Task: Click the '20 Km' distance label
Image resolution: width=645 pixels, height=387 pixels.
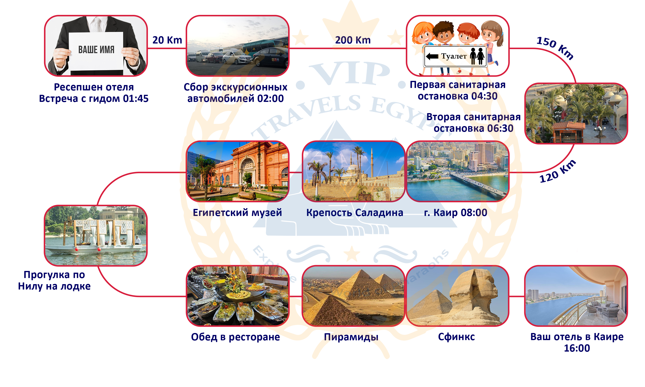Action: click(x=167, y=40)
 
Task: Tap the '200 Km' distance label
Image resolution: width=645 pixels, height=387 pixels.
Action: click(x=353, y=40)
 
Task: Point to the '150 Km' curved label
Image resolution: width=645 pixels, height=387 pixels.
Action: click(x=555, y=48)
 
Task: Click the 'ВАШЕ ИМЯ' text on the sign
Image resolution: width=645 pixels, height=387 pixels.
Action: click(x=96, y=50)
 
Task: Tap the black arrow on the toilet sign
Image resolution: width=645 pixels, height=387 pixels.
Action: click(x=432, y=56)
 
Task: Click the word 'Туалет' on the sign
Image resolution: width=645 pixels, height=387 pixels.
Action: click(x=454, y=56)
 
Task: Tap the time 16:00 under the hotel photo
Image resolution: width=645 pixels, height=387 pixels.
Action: click(x=577, y=348)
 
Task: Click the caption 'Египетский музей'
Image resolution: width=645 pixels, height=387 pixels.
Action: click(x=237, y=213)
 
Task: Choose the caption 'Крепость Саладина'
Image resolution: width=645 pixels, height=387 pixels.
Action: click(x=354, y=213)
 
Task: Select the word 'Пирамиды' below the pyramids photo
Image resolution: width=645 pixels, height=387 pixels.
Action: click(x=351, y=337)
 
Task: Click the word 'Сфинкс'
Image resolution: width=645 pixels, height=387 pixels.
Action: click(x=456, y=337)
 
